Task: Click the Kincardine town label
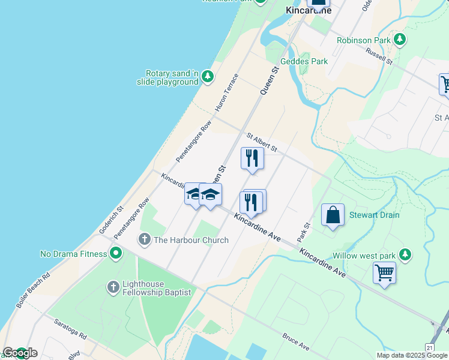coord(309,10)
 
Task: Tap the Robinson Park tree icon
coord(399,40)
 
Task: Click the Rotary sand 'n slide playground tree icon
coord(207,76)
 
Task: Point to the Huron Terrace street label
coord(228,92)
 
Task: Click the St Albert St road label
coord(260,143)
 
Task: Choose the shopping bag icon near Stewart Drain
coord(333,215)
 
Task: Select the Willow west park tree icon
coord(405,255)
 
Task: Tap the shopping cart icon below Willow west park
coord(384,273)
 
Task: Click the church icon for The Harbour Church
coord(144,240)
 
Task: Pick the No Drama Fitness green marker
coord(115,254)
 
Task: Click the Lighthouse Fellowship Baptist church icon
coord(113,287)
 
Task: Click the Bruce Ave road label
coord(295,343)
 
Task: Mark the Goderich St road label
coord(111,220)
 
